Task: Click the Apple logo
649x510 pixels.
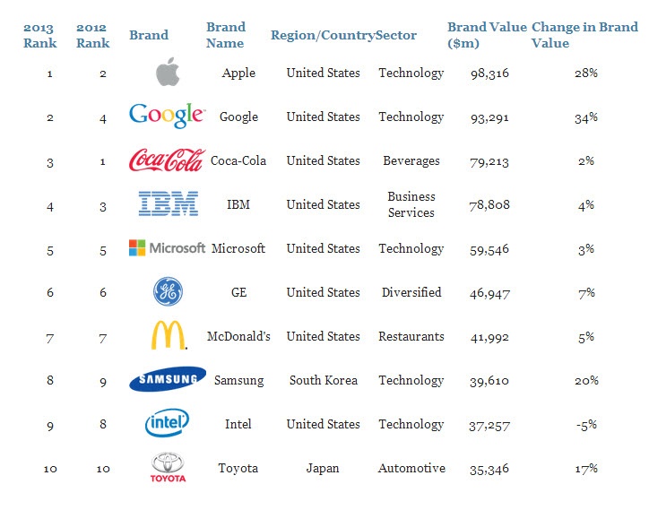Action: [x=167, y=73]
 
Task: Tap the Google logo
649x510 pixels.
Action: [x=167, y=116]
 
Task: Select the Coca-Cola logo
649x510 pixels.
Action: [x=167, y=160]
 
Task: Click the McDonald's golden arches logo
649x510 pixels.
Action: [x=169, y=336]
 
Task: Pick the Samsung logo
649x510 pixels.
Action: [x=168, y=380]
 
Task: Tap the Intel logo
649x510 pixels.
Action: [x=167, y=423]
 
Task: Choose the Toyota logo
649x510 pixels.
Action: [x=168, y=467]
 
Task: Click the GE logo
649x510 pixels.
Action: [x=168, y=292]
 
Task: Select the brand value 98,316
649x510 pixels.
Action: [x=489, y=73]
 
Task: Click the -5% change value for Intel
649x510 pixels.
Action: [x=586, y=424]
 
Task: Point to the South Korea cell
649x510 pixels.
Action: [x=324, y=380]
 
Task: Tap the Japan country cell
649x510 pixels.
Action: [x=323, y=468]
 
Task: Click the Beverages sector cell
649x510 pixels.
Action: [x=411, y=160]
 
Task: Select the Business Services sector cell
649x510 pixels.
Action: [x=411, y=204]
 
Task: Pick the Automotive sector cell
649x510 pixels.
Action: [x=411, y=468]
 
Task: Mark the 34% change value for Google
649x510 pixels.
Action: [x=586, y=117]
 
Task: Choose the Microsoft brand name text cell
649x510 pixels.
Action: [x=238, y=248]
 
